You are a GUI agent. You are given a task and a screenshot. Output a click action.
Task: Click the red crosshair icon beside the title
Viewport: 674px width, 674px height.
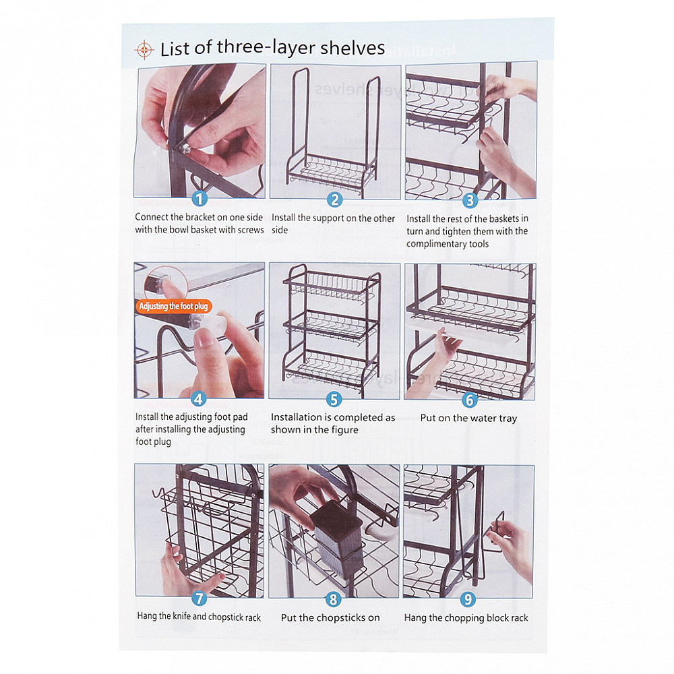pos(144,50)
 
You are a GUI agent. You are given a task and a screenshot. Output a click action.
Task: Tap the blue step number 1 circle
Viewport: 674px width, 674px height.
pos(200,199)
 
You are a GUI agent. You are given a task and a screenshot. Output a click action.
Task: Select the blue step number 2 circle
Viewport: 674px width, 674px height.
pos(334,200)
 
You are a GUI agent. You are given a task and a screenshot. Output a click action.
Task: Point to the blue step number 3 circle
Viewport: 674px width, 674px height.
pos(470,200)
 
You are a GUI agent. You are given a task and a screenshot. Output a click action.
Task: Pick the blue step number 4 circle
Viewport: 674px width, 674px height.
pos(198,399)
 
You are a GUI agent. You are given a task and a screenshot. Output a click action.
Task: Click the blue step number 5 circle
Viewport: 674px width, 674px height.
pos(334,399)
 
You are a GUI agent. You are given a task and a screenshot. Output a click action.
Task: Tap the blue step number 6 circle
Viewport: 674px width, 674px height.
pos(469,400)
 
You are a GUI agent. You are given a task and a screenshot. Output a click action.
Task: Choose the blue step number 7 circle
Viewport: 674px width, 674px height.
pos(199,598)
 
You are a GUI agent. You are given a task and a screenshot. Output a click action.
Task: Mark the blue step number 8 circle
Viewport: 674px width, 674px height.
pos(333,599)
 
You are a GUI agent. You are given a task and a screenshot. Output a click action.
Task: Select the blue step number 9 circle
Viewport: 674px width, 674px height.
pos(468,599)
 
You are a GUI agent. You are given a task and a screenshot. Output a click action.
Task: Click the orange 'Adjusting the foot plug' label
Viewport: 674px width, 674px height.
pos(173,306)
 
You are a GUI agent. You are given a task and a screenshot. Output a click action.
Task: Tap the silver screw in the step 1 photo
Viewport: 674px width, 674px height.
pos(185,149)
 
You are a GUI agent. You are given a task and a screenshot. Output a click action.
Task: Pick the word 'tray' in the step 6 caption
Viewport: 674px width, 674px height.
pos(508,419)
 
